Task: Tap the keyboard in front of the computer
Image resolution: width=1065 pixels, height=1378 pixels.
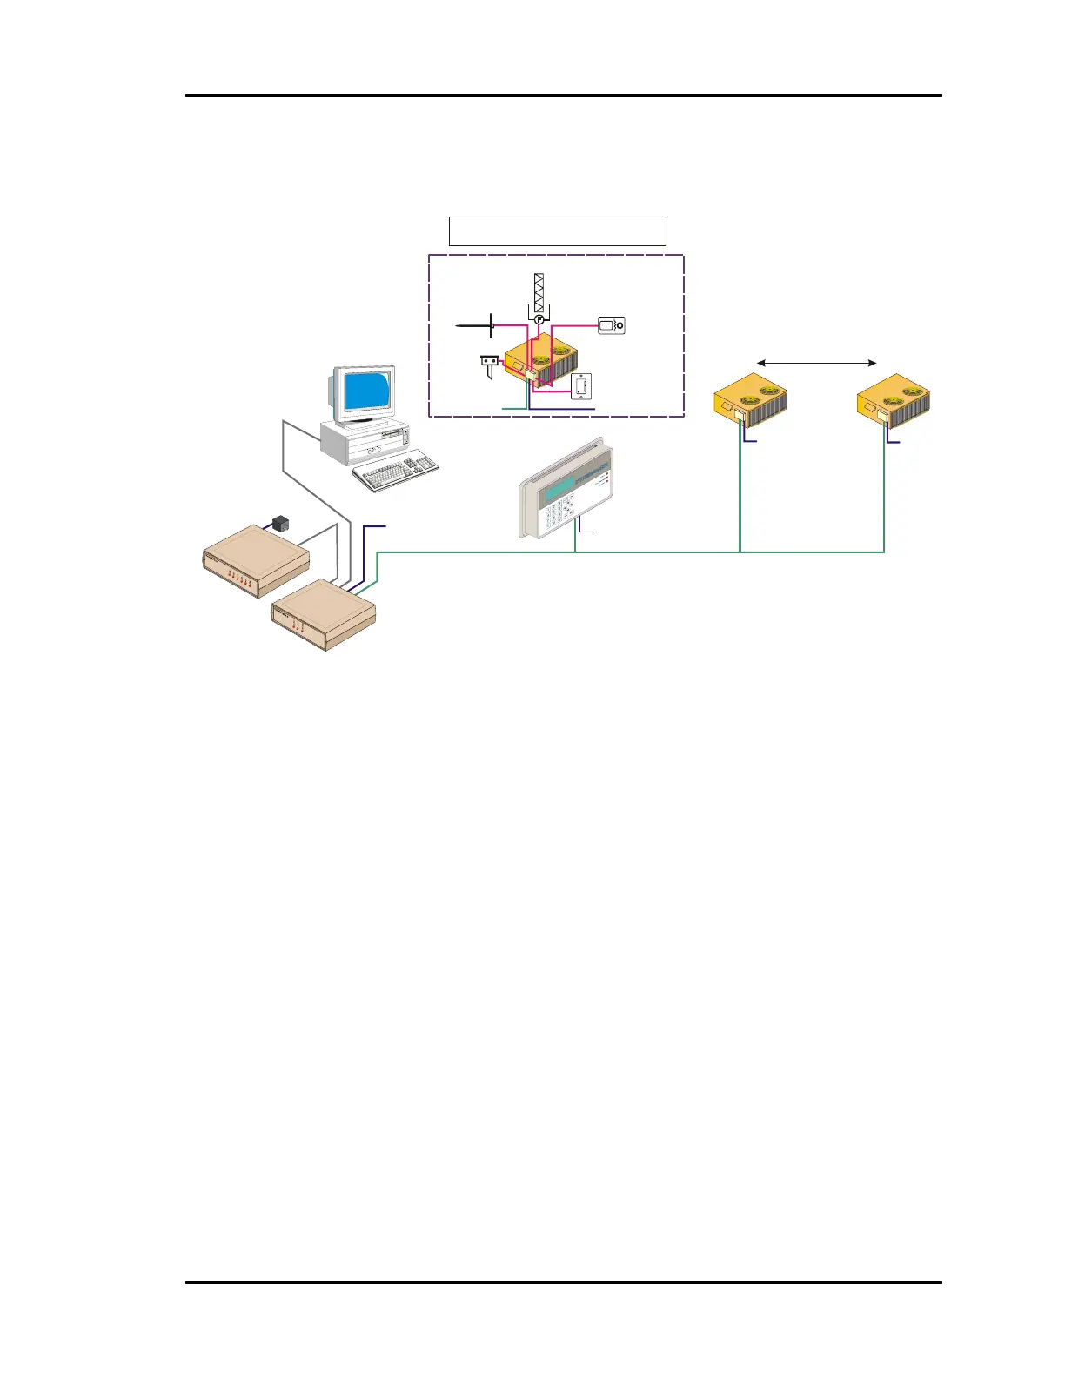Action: [x=396, y=470]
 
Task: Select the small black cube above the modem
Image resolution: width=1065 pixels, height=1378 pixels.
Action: [x=280, y=524]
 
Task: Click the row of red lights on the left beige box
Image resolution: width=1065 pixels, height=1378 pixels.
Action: [x=238, y=579]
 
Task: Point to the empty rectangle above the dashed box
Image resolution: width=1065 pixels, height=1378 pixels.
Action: [x=557, y=231]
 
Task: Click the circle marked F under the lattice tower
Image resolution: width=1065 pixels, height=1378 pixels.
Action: [x=539, y=320]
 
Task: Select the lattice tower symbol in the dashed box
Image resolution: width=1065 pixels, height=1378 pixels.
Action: [x=539, y=293]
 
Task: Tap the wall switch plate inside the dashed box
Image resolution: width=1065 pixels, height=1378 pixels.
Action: [x=581, y=385]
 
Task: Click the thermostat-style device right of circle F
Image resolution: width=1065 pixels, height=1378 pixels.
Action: [x=611, y=325]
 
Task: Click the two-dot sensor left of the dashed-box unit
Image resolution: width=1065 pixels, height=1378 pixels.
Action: [x=490, y=360]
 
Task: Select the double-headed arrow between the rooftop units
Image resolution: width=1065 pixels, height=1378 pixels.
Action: [x=816, y=362]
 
